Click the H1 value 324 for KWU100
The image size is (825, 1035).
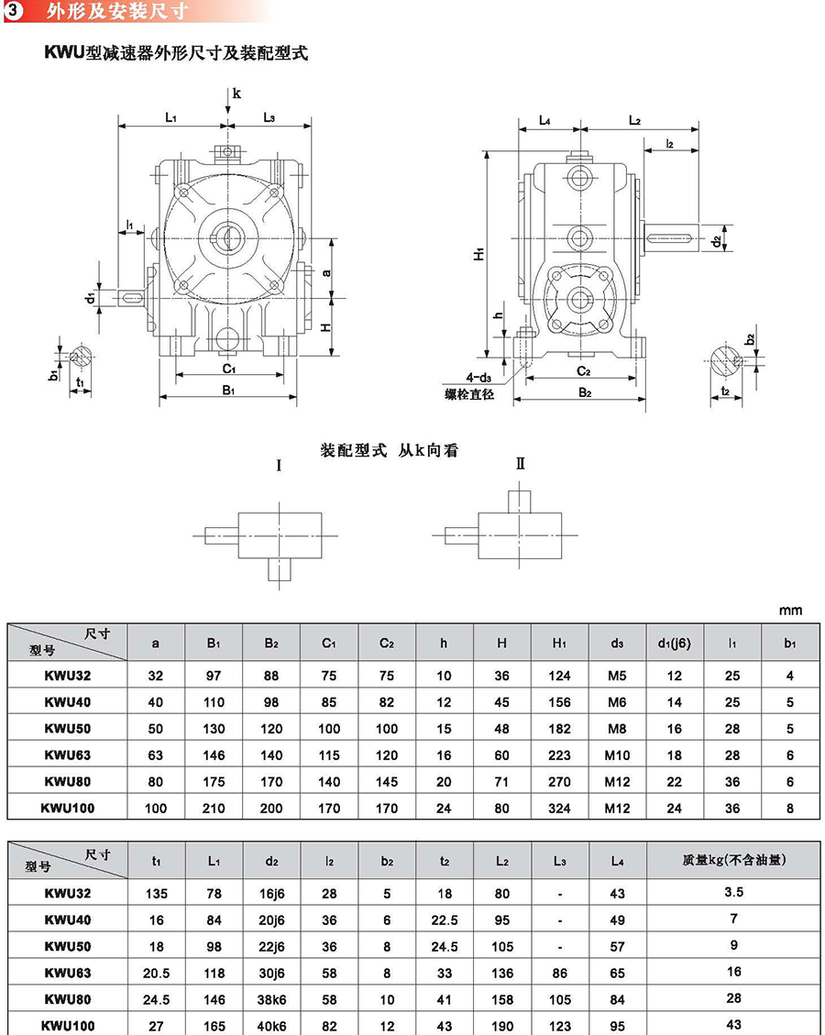(559, 808)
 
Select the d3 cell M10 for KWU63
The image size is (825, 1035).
(617, 755)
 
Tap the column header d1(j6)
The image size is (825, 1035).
(674, 643)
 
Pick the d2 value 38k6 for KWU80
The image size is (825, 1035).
(271, 999)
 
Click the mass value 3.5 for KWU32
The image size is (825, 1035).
(733, 892)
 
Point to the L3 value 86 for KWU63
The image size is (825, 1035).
(560, 973)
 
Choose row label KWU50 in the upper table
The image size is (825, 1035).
(67, 729)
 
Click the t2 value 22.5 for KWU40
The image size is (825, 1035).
(445, 920)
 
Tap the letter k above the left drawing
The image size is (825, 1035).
(236, 94)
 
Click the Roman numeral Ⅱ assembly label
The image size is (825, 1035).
(520, 464)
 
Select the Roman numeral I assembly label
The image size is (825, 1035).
(279, 466)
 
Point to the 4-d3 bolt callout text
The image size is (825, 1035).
(478, 378)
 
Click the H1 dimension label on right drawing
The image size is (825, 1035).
(479, 253)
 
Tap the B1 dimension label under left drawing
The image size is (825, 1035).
(228, 391)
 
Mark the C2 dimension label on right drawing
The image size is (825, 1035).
(583, 371)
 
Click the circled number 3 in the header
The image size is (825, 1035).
(14, 11)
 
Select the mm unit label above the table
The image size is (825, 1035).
(790, 611)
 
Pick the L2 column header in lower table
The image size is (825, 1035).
(501, 861)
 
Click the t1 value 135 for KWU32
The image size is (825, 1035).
(157, 894)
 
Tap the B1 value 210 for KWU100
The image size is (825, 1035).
(214, 808)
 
